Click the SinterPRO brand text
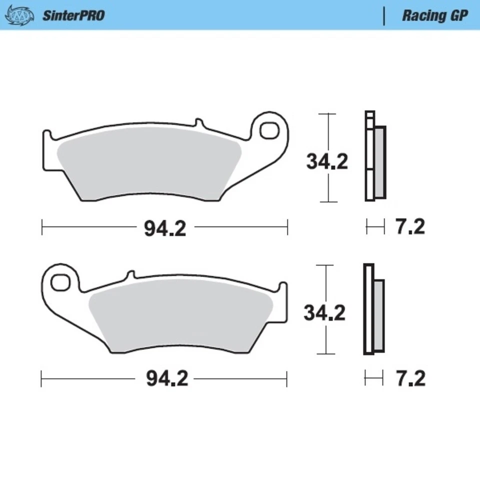click(73, 15)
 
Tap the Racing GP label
click(434, 15)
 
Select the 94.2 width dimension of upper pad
click(165, 229)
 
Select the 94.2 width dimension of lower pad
click(167, 379)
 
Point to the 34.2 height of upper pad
click(327, 162)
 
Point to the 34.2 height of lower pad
click(325, 313)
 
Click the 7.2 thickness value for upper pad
click(410, 227)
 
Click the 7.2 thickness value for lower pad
click(410, 379)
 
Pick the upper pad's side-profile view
click(375, 156)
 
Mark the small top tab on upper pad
click(198, 122)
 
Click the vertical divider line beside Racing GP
click(384, 15)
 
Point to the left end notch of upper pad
click(46, 135)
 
